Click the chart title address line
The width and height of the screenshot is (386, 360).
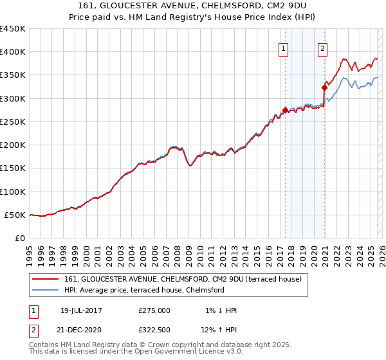click(x=193, y=6)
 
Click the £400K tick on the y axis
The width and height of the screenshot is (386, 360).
click(x=13, y=52)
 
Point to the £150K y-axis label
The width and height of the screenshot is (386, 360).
click(x=13, y=168)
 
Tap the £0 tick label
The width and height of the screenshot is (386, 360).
click(x=21, y=238)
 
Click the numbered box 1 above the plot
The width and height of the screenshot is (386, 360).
click(x=284, y=47)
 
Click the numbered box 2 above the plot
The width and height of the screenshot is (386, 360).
click(x=322, y=47)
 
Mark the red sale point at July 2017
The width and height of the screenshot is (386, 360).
click(x=285, y=110)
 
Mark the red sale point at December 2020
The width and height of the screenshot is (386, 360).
click(x=324, y=88)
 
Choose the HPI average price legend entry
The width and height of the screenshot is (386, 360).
click(x=143, y=290)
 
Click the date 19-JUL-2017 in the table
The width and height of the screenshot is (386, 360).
click(x=81, y=310)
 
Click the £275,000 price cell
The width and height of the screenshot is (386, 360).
click(x=154, y=310)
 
